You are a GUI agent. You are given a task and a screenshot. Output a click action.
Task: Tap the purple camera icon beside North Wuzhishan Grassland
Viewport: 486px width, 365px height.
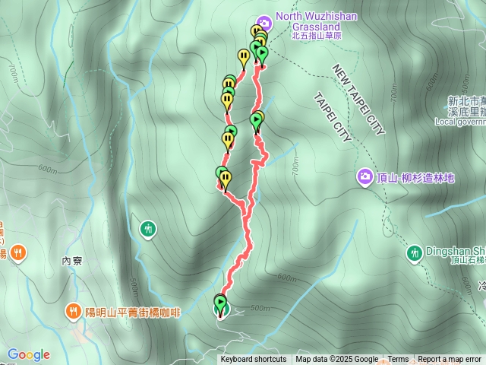pos(264,21)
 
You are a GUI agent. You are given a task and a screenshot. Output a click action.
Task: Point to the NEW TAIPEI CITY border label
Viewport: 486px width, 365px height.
pos(359,100)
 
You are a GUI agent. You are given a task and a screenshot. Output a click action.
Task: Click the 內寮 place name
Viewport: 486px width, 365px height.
pos(71,260)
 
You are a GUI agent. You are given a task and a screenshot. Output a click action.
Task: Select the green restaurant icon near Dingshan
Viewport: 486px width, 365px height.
pos(415,252)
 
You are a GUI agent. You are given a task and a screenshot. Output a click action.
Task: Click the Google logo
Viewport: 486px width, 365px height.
pos(28,354)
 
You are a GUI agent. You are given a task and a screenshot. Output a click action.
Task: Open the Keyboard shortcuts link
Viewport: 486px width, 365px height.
pos(254,360)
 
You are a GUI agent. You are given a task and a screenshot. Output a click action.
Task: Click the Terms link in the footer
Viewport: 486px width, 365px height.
pos(398,360)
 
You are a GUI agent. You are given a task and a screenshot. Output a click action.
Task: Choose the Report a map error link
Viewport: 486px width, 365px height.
pos(450,360)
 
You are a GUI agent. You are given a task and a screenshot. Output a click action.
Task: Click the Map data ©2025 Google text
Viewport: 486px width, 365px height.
pos(336,360)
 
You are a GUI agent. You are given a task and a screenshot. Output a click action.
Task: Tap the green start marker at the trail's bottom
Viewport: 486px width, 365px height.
pos(221,306)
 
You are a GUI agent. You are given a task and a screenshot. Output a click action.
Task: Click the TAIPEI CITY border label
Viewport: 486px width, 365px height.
pos(333,118)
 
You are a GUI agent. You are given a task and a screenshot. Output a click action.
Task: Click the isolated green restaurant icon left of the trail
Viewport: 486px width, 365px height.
pos(148,227)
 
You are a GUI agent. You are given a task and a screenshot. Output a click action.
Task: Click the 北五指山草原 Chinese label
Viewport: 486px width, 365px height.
pos(317,35)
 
